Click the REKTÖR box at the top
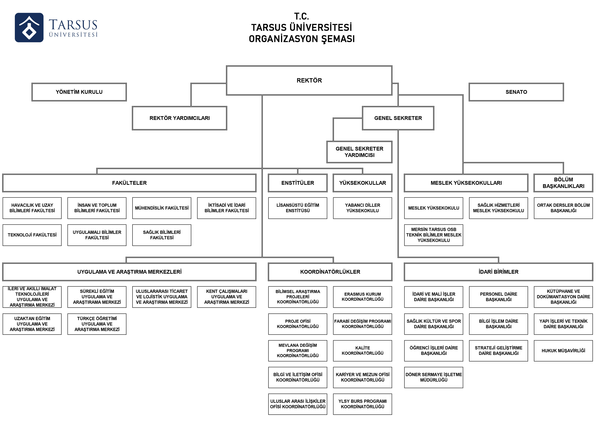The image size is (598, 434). coord(309,80)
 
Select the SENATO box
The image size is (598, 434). coord(516,92)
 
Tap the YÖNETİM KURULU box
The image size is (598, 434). coord(79,92)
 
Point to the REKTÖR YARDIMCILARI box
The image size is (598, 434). coord(180,118)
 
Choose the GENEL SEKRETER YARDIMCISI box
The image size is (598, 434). coord(359,152)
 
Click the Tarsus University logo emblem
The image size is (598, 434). coord(29,27)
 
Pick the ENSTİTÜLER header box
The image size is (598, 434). coord(298,183)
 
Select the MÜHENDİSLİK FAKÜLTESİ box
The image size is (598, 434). coord(162,208)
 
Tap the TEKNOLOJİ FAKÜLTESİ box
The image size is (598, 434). coord(32,235)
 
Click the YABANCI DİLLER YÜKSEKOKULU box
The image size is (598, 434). coord(363,208)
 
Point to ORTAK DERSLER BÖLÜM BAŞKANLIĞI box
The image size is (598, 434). coord(563,208)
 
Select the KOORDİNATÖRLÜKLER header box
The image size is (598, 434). coord(330,272)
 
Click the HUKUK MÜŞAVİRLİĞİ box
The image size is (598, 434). coord(563,351)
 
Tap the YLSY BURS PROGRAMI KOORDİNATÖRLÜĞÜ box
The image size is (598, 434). coord(363,404)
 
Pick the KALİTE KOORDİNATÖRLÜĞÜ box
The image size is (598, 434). coord(363,351)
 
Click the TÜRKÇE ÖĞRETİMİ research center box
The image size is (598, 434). coord(97,324)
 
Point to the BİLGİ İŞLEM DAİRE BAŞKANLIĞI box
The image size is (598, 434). coord(498,324)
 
